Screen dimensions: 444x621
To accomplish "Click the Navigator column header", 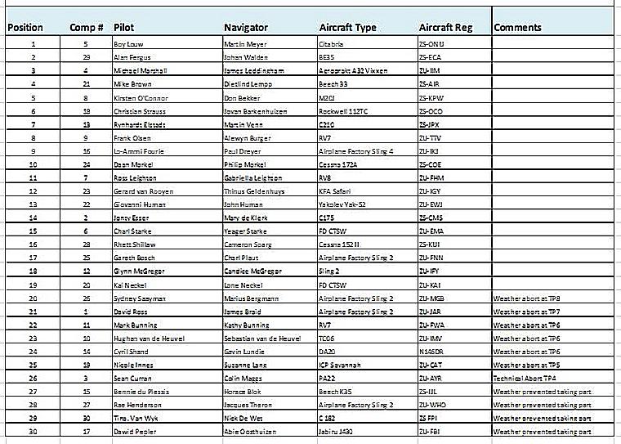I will [249, 27].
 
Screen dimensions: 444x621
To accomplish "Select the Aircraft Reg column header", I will [446, 27].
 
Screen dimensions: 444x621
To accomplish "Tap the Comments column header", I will [519, 27].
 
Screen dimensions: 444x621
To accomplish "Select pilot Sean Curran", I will [132, 379].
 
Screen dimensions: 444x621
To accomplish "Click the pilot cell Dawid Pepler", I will [134, 432].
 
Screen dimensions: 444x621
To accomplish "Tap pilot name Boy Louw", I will [128, 43].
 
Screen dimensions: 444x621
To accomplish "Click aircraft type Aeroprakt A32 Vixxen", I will [354, 70].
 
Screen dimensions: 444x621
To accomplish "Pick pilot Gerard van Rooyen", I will [143, 191].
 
